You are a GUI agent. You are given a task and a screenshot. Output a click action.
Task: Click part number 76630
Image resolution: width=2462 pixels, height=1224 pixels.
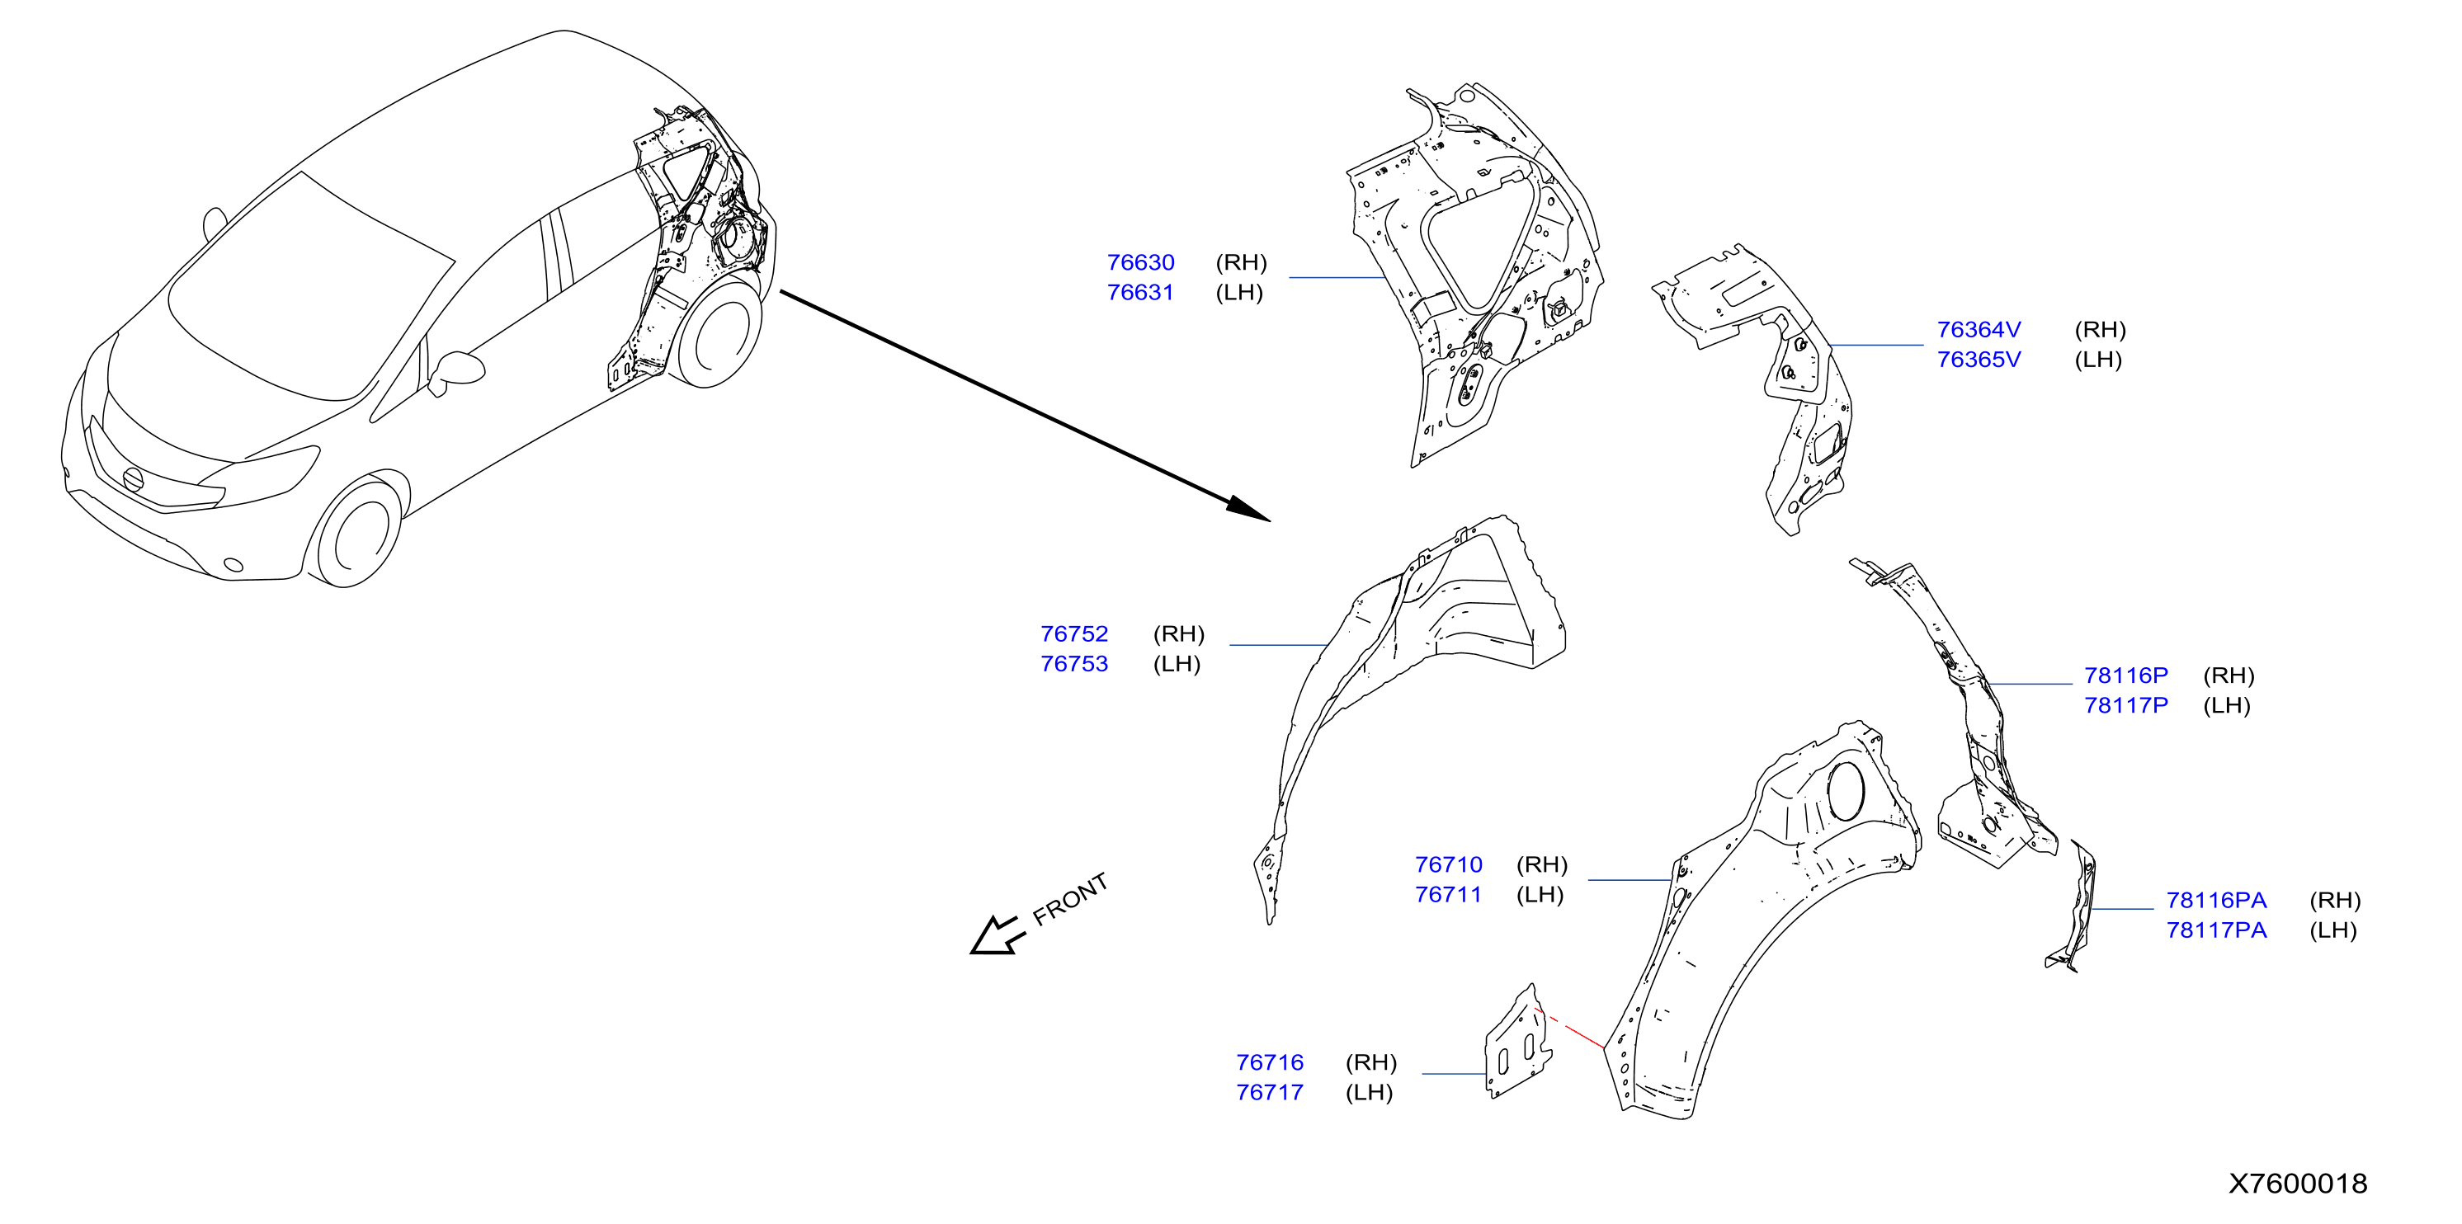[x=1140, y=263]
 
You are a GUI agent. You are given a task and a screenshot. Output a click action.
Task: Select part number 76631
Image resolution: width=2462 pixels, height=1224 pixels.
[x=1140, y=292]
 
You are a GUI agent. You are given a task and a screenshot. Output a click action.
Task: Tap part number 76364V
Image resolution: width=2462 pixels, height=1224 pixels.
[x=1979, y=330]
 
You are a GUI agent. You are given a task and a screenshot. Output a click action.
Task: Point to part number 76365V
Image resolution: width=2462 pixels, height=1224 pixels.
[x=1979, y=360]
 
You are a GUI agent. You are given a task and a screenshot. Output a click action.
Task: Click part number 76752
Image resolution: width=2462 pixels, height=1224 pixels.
[x=1074, y=633]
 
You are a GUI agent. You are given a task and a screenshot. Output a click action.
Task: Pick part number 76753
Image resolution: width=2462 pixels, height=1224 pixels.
[x=1074, y=663]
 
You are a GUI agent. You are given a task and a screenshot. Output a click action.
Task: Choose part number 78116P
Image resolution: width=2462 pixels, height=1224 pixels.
[x=2125, y=676]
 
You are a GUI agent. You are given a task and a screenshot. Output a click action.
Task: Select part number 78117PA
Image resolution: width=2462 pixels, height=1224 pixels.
[x=2216, y=930]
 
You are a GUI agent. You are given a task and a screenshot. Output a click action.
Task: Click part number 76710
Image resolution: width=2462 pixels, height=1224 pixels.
[x=1449, y=864]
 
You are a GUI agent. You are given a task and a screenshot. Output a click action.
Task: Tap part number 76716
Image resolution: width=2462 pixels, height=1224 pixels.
[x=1269, y=1062]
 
